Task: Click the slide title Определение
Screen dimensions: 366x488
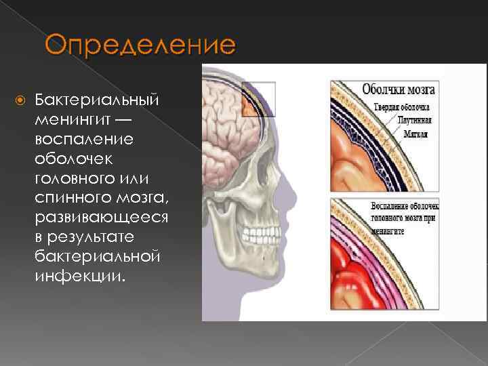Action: tap(141, 47)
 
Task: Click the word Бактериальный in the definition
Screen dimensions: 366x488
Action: tap(97, 100)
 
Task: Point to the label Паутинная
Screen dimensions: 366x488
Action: tap(415, 120)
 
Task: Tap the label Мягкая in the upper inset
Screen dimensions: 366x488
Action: tap(417, 134)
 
